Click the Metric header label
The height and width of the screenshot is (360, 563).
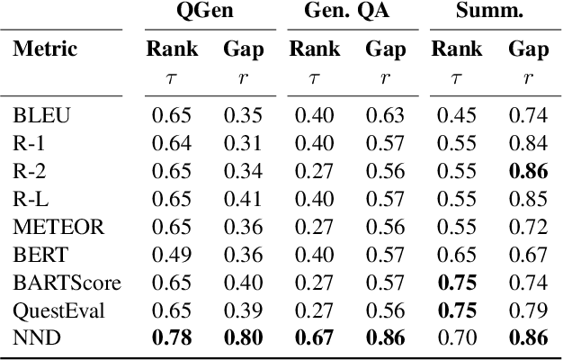(x=45, y=49)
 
